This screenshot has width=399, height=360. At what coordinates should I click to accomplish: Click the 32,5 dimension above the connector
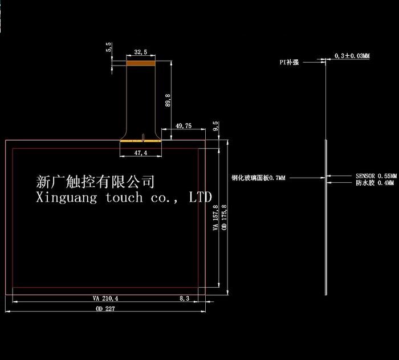tap(141, 52)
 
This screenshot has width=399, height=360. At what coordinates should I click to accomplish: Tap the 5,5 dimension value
tap(109, 47)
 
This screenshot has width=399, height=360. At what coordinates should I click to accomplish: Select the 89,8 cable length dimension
tap(168, 100)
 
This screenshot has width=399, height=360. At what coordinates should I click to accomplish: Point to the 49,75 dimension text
tap(184, 126)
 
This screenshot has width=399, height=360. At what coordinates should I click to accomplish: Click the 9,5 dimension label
tap(215, 126)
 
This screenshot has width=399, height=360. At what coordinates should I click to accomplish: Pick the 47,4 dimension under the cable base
tap(141, 153)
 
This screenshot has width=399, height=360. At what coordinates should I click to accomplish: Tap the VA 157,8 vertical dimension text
tap(215, 218)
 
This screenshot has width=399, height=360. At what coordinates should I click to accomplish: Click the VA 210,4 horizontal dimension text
tap(105, 298)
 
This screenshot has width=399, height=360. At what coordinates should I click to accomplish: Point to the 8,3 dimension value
tap(185, 298)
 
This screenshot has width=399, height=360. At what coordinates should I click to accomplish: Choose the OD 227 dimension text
tap(105, 309)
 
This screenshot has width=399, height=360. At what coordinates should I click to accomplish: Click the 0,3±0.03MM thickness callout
tap(352, 56)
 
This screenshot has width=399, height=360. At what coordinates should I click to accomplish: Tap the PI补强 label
tap(289, 62)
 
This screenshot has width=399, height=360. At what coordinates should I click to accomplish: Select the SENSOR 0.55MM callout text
tap(376, 176)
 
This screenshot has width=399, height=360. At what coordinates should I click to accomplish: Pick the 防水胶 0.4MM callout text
tap(374, 183)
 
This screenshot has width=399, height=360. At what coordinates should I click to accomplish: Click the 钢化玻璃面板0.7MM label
tap(258, 178)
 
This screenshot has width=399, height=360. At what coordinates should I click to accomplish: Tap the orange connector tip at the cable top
tap(141, 63)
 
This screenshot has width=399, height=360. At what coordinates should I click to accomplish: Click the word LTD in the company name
tap(200, 197)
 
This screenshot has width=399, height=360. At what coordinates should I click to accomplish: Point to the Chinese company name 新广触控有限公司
tap(95, 182)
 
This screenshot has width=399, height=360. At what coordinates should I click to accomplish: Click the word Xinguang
tap(67, 198)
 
